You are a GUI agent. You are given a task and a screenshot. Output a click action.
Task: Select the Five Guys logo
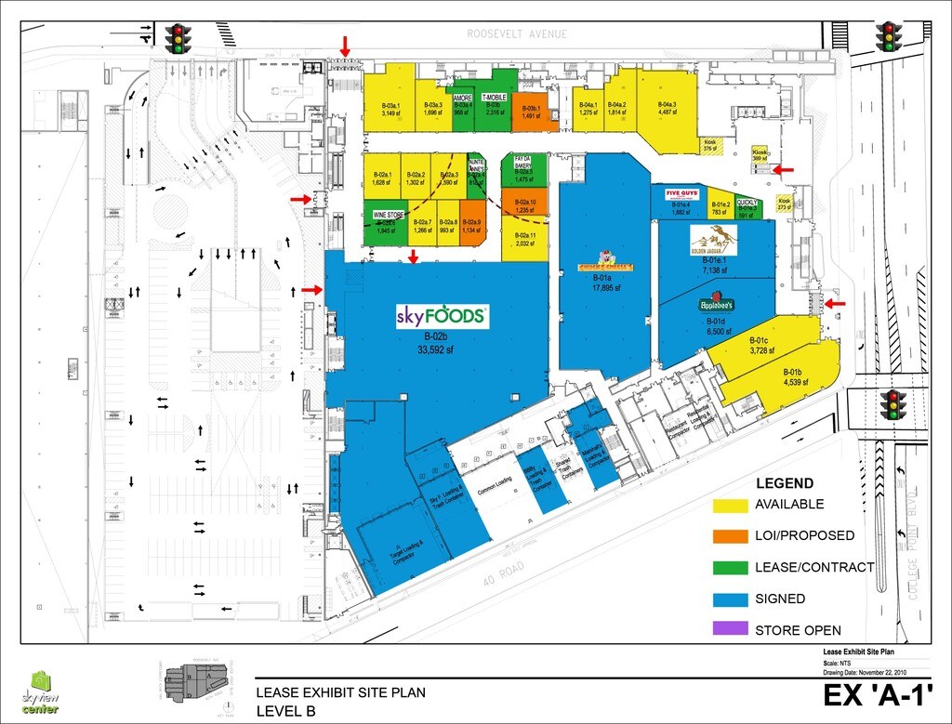pos(682,194)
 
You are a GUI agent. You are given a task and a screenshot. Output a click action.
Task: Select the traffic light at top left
pos(178,38)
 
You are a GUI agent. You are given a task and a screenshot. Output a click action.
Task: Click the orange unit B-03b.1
pos(531,112)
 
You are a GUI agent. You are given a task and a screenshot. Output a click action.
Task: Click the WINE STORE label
pos(389,216)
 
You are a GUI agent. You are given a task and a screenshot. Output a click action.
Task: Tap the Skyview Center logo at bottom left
pos(42,692)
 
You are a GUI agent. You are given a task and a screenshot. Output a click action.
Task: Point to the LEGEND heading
pos(785,483)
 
